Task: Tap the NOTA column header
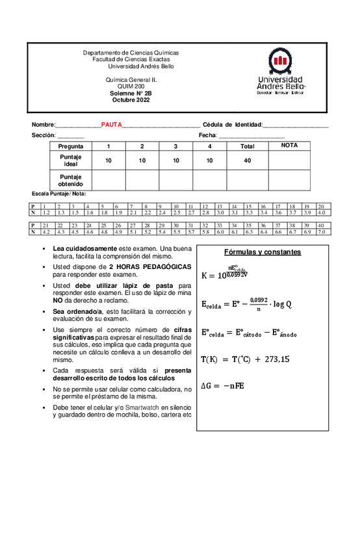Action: click(289, 146)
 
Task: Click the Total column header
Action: click(247, 146)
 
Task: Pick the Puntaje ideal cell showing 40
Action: click(247, 160)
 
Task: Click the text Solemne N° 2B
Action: click(131, 94)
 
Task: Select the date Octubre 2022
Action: click(131, 100)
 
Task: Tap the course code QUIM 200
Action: click(131, 86)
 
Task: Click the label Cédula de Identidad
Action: click(232, 124)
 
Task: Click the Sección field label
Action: click(44, 135)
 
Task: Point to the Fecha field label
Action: click(207, 135)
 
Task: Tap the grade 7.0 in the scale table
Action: click(321, 231)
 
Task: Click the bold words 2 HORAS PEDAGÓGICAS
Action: click(150, 266)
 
